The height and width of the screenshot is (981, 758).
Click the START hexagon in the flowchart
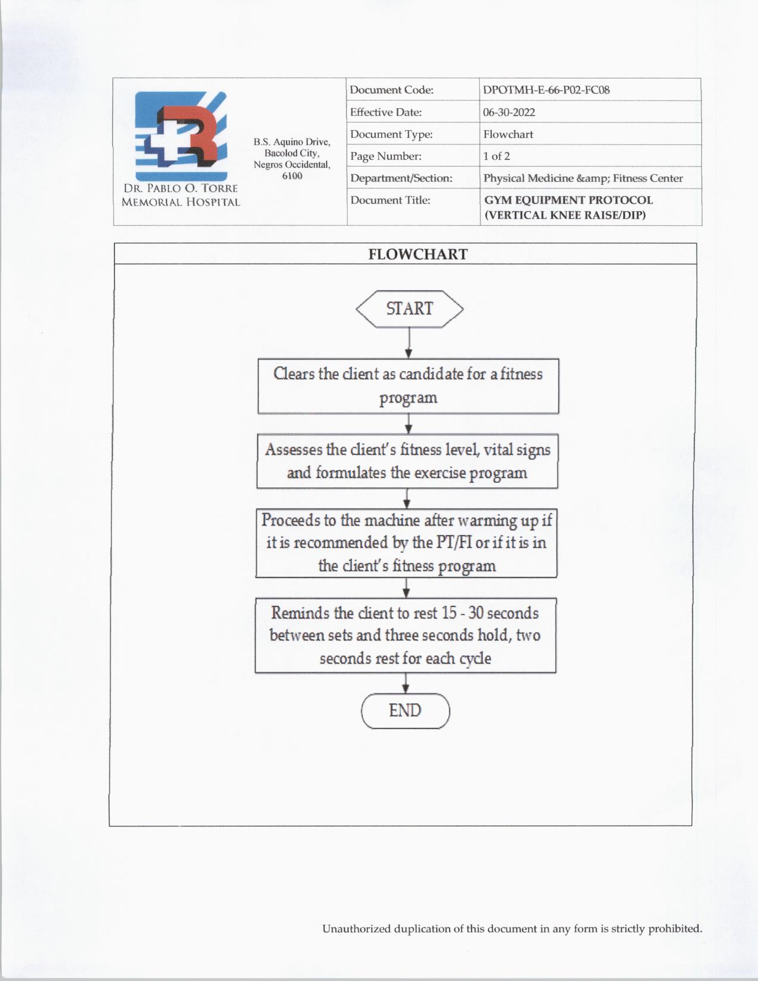(x=409, y=309)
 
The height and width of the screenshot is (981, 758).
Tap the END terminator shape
(x=405, y=710)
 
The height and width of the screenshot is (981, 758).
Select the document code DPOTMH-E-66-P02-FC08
(x=546, y=90)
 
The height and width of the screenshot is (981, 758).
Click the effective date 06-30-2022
(x=509, y=112)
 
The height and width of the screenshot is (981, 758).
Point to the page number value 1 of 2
(x=496, y=156)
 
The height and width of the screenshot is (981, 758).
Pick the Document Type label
(x=391, y=134)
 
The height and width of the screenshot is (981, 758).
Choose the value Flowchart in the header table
(x=508, y=134)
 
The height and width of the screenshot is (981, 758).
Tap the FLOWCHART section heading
(x=418, y=254)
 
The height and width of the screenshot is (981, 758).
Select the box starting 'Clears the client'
(x=408, y=386)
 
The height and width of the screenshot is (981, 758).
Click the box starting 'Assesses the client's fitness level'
(x=407, y=461)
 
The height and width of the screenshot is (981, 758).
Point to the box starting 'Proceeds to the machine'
(x=407, y=543)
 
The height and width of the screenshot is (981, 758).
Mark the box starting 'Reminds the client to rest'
(x=405, y=636)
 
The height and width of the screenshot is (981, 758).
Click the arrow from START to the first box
(x=409, y=343)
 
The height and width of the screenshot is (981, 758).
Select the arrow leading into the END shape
(x=405, y=683)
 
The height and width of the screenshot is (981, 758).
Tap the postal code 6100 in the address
(x=292, y=176)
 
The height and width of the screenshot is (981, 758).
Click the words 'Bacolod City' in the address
(x=291, y=153)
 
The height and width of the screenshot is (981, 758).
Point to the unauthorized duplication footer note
(x=512, y=929)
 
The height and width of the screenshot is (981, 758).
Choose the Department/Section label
(x=401, y=178)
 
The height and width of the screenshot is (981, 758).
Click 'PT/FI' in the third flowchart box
(x=454, y=543)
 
